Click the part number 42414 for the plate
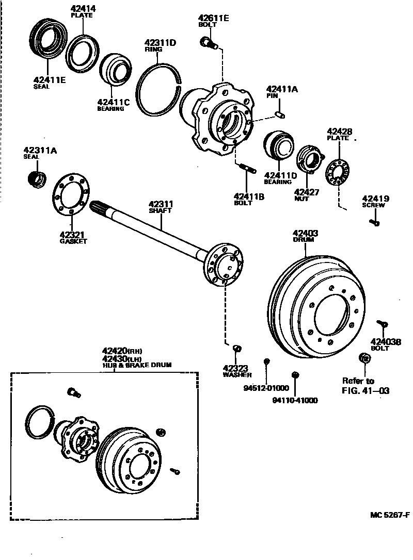click(x=83, y=9)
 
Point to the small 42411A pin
click(x=280, y=112)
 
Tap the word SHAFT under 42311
click(x=160, y=211)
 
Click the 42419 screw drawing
click(x=374, y=222)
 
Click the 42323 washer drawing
click(x=237, y=349)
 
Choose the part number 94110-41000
click(x=295, y=400)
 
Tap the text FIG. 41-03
click(x=366, y=390)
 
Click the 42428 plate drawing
click(x=339, y=172)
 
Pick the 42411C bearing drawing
click(x=115, y=69)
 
